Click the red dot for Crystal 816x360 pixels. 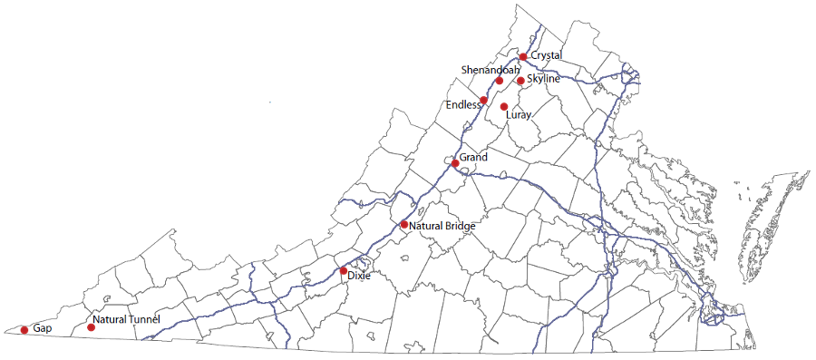523,57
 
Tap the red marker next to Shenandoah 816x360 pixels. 500,81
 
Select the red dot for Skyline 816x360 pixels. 520,81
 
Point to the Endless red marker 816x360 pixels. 484,100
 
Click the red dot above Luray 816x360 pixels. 504,107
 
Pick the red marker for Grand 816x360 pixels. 455,163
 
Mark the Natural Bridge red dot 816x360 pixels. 404,224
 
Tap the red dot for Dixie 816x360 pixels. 343,270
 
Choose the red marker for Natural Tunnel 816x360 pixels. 91,327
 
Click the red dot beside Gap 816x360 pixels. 24,330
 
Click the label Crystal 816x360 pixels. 546,55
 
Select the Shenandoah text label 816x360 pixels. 491,70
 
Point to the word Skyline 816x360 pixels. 543,79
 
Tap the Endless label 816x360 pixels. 463,105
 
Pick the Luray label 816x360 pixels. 518,115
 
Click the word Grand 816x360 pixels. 473,158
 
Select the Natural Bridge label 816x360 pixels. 442,226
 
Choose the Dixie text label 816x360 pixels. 359,276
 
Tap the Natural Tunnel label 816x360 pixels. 126,320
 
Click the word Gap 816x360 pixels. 41,327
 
